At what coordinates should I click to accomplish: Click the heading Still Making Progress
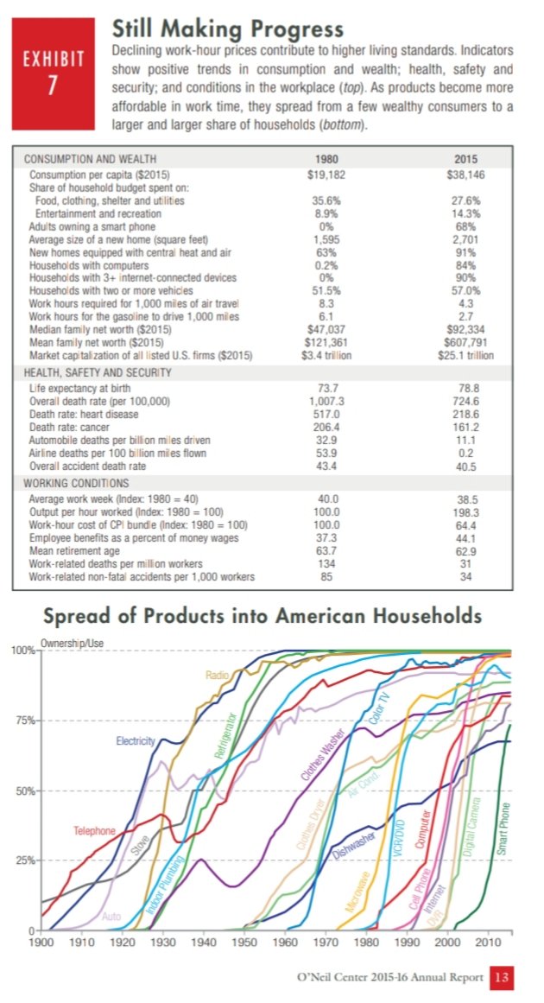click(x=228, y=29)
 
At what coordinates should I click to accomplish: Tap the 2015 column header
click(x=465, y=160)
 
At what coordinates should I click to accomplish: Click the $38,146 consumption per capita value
click(x=466, y=173)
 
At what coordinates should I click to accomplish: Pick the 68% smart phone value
click(x=466, y=226)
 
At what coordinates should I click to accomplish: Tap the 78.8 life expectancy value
click(x=466, y=389)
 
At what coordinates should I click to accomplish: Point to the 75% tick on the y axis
click(x=21, y=721)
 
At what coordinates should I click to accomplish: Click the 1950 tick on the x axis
click(x=245, y=941)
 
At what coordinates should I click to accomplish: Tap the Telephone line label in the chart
click(x=94, y=831)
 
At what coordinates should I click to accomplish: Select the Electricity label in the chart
click(x=136, y=741)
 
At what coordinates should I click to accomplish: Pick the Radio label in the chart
click(x=217, y=674)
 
